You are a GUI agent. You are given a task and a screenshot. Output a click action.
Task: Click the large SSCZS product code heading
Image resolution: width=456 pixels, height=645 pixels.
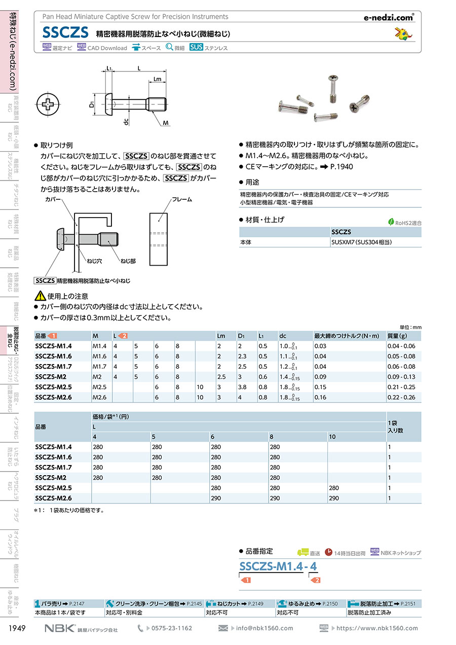coord(65,32)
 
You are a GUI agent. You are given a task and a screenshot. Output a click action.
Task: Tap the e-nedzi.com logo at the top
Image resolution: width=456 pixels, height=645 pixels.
coord(389,18)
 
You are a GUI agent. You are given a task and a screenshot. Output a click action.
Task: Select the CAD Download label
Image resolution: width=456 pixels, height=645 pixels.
coord(107,48)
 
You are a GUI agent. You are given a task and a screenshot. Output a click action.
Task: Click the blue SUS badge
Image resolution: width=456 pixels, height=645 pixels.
coord(196,47)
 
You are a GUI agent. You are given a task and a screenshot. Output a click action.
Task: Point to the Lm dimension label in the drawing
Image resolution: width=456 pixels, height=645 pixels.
coord(157,79)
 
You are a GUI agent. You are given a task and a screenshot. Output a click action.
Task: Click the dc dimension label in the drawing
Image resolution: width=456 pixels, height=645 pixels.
coord(126,122)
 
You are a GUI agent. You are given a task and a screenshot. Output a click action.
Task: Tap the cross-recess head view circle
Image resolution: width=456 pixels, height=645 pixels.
coord(48,104)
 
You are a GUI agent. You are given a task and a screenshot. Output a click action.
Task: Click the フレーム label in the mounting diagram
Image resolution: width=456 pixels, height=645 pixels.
coord(182,199)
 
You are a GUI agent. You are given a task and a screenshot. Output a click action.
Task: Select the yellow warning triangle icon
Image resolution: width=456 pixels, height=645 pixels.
coord(40,296)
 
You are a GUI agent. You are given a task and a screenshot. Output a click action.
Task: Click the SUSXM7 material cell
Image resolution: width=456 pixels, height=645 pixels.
coord(361,242)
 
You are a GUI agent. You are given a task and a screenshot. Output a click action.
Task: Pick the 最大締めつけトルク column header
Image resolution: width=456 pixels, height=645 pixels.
coord(347,336)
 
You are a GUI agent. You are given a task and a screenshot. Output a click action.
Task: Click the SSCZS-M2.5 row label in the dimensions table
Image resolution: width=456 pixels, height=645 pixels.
coord(54,387)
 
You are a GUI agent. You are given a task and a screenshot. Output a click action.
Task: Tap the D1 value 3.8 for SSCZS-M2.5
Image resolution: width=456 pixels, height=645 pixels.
coord(242,387)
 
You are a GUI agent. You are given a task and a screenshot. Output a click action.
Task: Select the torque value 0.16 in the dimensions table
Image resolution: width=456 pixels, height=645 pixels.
coord(320,398)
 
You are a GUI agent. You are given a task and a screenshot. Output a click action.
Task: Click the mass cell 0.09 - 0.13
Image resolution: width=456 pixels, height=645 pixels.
coord(401,377)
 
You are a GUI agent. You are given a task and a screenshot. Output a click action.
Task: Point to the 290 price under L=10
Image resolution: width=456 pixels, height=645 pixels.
coord(334,498)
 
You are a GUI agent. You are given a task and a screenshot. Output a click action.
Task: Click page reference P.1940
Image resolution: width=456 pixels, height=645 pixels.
coord(341,167)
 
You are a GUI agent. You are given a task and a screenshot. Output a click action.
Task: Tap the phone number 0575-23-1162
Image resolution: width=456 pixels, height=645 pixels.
coord(171,628)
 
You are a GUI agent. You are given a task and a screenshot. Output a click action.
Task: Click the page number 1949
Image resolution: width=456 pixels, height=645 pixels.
coord(17,628)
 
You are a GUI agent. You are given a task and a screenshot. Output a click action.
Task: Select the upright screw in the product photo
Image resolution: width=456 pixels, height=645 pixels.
coord(333,89)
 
